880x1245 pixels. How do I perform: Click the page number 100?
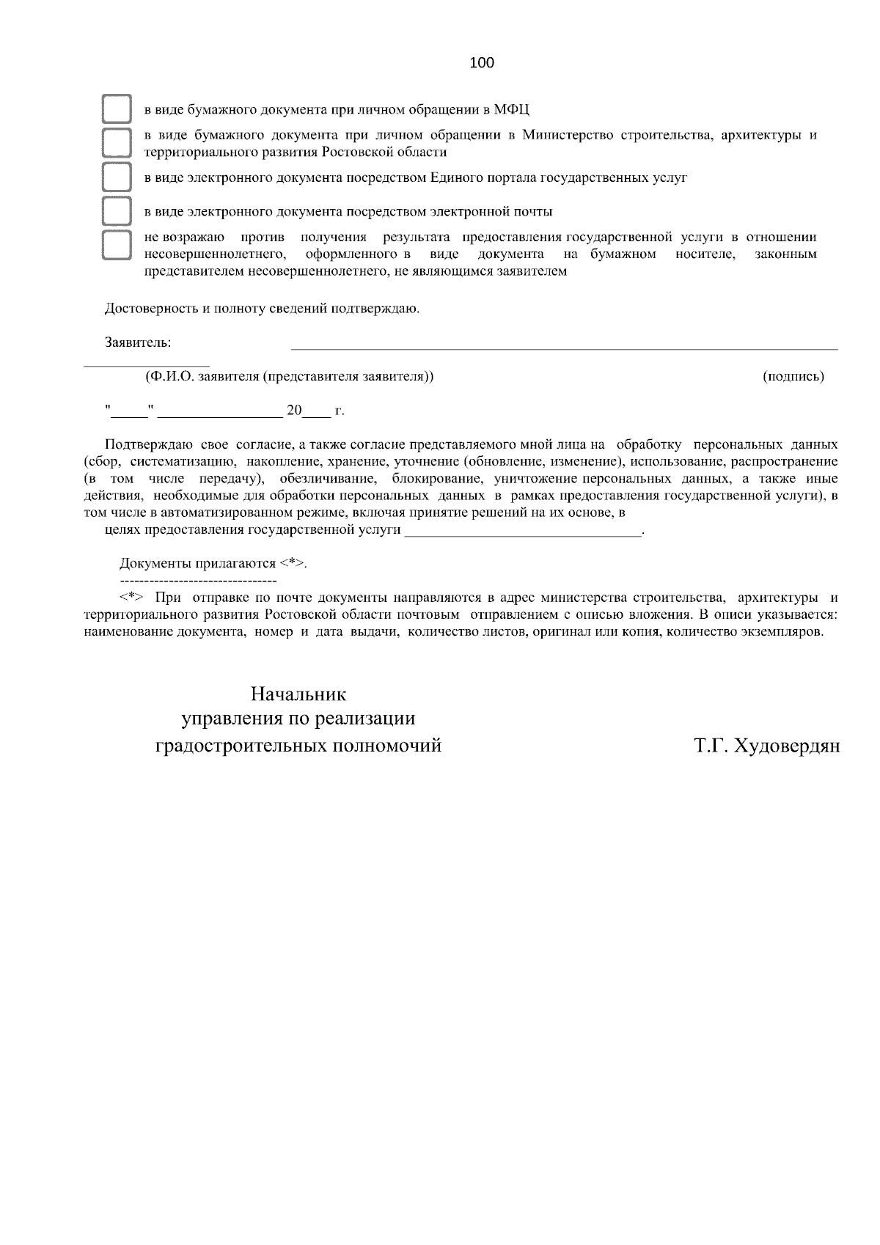(x=482, y=63)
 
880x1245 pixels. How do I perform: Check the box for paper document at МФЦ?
(x=116, y=109)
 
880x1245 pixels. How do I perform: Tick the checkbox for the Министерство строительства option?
(x=116, y=143)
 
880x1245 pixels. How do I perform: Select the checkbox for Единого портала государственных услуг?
(x=116, y=177)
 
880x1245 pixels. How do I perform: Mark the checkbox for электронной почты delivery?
(x=116, y=211)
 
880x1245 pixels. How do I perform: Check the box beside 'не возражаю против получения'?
(x=116, y=245)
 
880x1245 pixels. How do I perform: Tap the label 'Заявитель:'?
(x=138, y=342)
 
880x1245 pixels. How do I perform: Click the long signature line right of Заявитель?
(x=565, y=349)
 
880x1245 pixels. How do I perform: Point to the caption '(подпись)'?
(x=793, y=377)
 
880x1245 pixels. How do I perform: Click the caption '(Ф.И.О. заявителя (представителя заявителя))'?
(x=290, y=377)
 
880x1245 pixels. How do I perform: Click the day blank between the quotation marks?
(x=130, y=415)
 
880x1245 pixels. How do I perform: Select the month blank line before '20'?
(x=220, y=415)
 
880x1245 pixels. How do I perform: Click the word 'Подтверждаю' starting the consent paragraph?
(x=149, y=445)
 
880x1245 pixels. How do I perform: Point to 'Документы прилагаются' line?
(x=213, y=564)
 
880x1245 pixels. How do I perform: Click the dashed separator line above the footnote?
(x=198, y=580)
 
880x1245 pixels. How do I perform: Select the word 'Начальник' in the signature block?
(x=298, y=694)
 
